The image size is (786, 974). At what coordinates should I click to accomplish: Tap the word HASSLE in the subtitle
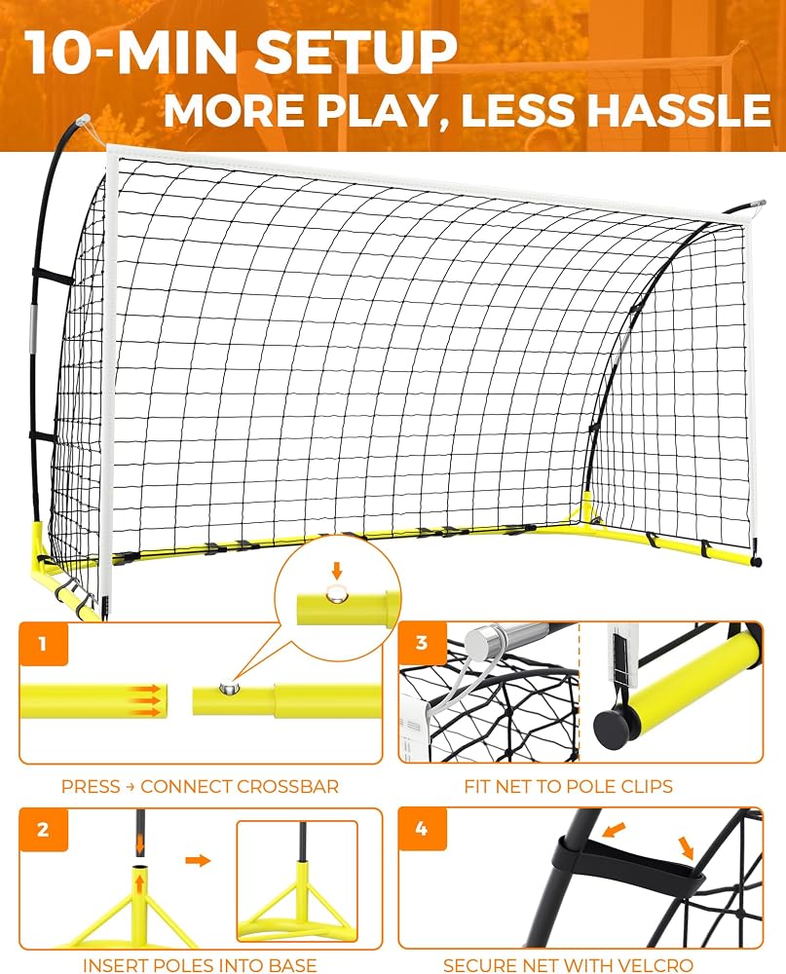click(x=680, y=110)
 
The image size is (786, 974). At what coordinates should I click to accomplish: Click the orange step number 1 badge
click(x=43, y=644)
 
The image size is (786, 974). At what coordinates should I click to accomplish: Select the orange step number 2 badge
click(x=43, y=829)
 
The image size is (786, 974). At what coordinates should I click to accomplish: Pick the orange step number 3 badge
click(x=422, y=642)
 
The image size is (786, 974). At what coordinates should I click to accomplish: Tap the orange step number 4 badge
click(x=422, y=828)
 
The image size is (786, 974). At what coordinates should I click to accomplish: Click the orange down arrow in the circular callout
click(x=336, y=571)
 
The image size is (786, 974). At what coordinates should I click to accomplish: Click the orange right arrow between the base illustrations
click(x=199, y=860)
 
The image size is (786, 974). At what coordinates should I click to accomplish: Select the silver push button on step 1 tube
click(x=228, y=688)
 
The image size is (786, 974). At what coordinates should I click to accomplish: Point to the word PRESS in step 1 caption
click(x=91, y=786)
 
